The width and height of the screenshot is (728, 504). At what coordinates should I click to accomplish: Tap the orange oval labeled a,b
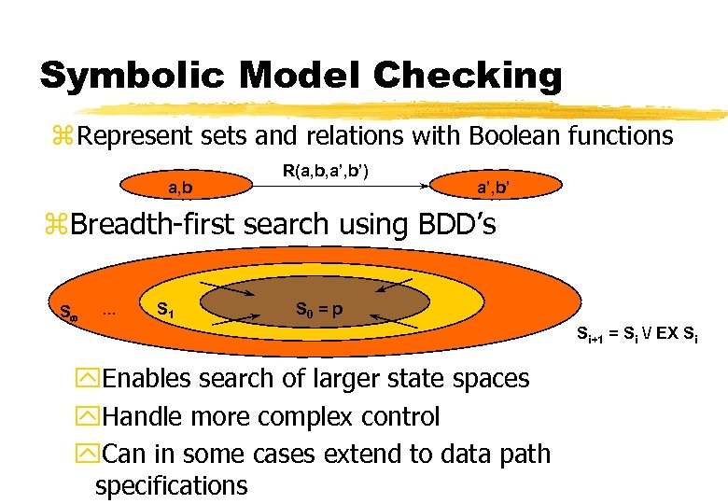pyautogui.click(x=181, y=188)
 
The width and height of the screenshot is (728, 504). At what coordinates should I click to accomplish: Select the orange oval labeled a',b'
pyautogui.click(x=493, y=188)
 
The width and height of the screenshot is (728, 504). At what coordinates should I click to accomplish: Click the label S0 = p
pyautogui.click(x=320, y=308)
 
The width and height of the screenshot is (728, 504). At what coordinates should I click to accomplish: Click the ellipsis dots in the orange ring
pyautogui.click(x=108, y=311)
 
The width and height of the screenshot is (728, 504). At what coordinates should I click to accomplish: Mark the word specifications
pyautogui.click(x=172, y=485)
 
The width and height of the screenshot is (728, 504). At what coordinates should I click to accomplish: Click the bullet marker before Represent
pyautogui.click(x=65, y=137)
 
